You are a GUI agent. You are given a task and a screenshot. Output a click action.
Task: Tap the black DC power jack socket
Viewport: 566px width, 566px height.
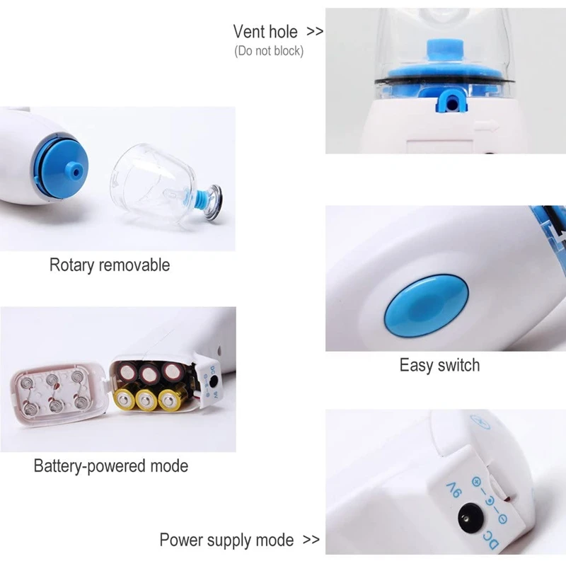[468, 519]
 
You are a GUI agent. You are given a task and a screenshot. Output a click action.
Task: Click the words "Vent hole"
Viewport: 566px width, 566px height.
[265, 31]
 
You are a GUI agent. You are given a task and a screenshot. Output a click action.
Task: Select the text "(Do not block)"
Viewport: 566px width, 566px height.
[269, 51]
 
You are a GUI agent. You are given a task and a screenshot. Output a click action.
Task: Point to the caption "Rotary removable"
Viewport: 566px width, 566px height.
[110, 265]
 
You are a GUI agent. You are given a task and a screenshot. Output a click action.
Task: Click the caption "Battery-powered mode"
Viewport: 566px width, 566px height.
[111, 466]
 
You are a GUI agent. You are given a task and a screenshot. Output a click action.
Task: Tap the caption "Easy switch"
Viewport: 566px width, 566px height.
[439, 365]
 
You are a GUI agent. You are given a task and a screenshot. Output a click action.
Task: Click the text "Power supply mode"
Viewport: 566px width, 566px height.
[226, 541]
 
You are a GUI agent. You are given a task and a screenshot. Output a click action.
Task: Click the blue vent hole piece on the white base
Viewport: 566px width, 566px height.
[451, 102]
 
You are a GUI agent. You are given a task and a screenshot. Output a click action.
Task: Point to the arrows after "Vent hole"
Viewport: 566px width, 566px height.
[315, 32]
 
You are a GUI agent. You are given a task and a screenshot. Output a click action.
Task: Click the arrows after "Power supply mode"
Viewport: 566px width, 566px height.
[311, 540]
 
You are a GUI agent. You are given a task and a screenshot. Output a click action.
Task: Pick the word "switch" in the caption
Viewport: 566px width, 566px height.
[459, 365]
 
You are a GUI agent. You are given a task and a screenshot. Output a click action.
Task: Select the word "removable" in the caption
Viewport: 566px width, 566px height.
[134, 265]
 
